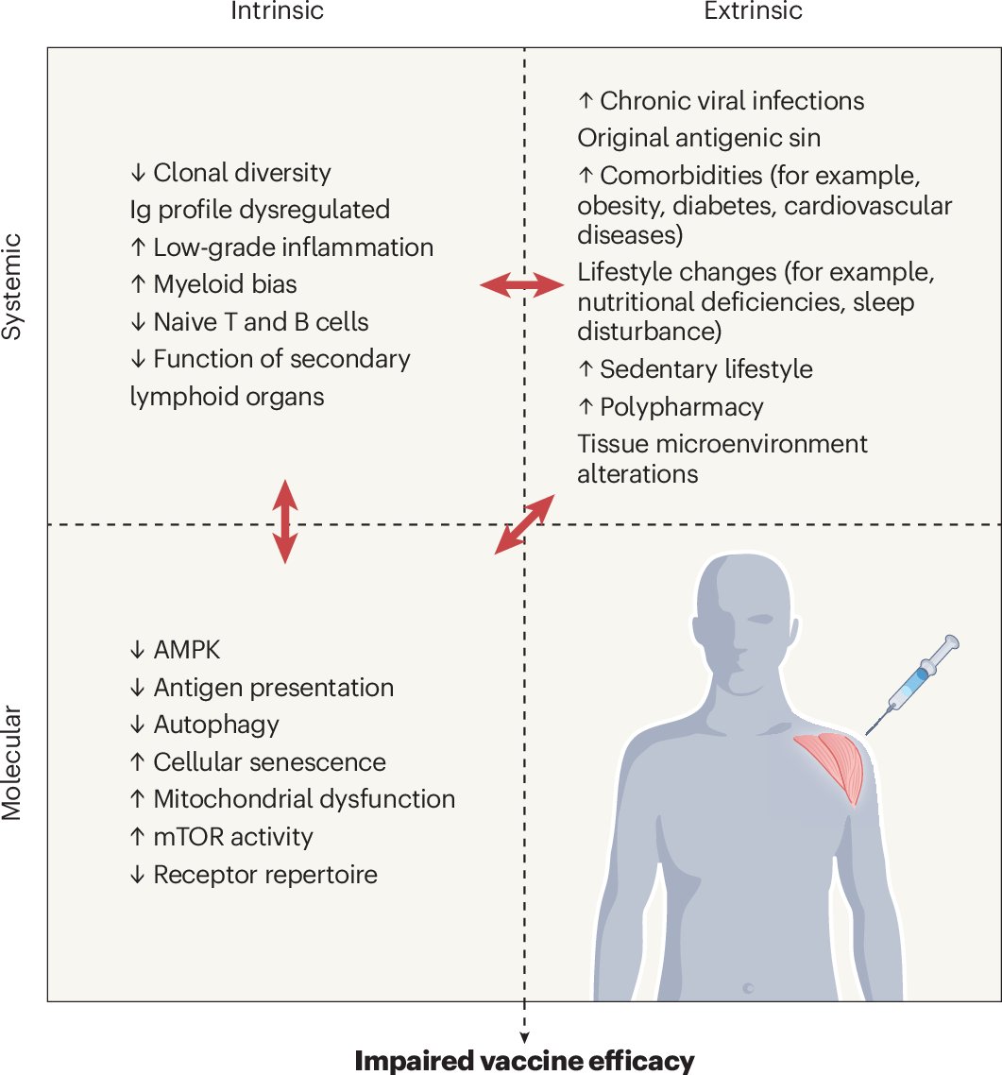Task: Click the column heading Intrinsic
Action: pos(278,11)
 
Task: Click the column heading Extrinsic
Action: pos(753,11)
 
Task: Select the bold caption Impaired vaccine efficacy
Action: pos(524,1061)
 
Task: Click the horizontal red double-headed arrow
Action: pos(522,283)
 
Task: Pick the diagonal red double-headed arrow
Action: pos(525,523)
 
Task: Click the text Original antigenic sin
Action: pos(699,138)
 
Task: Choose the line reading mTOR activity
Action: pos(232,837)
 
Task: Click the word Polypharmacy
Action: pos(681,407)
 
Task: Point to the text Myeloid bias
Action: pos(225,284)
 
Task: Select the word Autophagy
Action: pos(216,725)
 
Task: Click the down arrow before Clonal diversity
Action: pos(138,174)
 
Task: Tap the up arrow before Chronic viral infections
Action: pos(585,101)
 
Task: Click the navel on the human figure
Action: pos(748,987)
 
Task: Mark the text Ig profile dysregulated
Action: pos(260,210)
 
